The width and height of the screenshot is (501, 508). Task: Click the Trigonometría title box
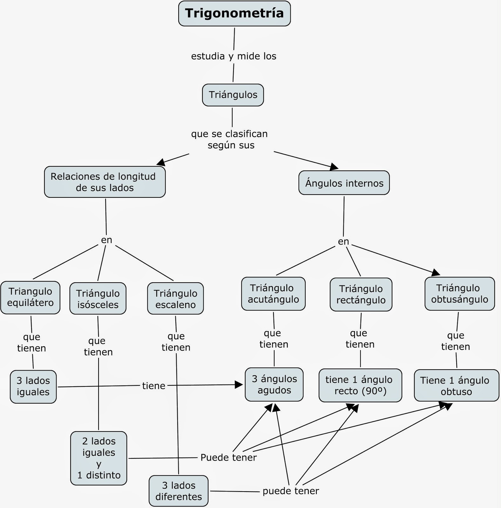coord(234,13)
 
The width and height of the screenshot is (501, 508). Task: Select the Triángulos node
coord(233,95)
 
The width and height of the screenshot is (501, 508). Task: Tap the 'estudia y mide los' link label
coord(234,56)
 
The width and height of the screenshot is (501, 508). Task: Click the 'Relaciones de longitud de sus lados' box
coord(105,182)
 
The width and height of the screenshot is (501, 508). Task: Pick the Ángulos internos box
coord(344,183)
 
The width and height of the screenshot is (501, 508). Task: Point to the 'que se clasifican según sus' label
coord(229,139)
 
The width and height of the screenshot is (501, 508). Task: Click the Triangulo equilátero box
coord(30,297)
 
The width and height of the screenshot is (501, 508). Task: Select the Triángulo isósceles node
coord(98,299)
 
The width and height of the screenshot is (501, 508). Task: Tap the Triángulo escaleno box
coord(175,299)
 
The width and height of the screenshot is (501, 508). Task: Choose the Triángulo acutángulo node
coord(273,294)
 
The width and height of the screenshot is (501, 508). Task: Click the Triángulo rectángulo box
coord(361,294)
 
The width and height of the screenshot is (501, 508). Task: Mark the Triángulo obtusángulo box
coord(459,294)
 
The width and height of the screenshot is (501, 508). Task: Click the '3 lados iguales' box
coord(33,386)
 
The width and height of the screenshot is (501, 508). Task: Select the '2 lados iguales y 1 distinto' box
coord(98,458)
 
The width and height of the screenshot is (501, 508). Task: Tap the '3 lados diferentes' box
coord(179,491)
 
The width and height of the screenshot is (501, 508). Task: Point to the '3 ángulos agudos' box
coord(274,384)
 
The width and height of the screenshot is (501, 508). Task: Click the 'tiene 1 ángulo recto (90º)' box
coord(360,385)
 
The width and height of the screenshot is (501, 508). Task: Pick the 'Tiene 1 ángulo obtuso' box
coord(456,385)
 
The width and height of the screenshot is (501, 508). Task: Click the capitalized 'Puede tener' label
coord(228,458)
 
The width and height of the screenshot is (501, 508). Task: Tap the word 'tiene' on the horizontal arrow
coord(153,386)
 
